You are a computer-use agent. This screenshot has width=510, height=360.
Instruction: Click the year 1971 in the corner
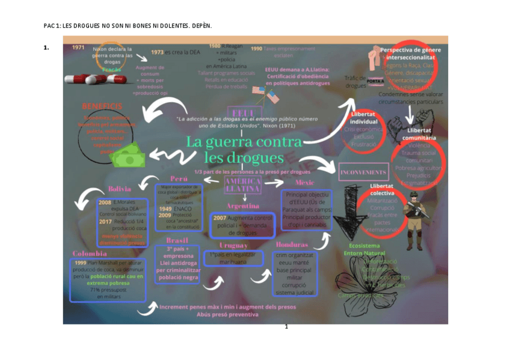[x=78, y=47]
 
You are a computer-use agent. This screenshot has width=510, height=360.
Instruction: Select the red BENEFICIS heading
[x=102, y=106]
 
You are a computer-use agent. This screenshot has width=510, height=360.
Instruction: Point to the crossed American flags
[x=266, y=94]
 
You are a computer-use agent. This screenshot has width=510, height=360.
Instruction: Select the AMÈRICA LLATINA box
[x=243, y=185]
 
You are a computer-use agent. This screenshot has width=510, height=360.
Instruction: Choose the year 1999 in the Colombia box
[x=80, y=263]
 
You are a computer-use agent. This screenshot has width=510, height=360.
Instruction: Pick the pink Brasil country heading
[x=176, y=240]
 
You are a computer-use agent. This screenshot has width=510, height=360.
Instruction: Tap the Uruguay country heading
[x=233, y=245]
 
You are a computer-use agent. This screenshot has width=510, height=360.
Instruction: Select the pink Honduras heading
[x=292, y=245]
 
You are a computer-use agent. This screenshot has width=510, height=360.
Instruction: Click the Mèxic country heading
[x=304, y=182]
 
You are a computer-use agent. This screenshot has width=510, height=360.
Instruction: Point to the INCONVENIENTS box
[x=363, y=172]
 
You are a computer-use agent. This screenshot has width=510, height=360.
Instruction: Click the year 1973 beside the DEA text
[x=157, y=52]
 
